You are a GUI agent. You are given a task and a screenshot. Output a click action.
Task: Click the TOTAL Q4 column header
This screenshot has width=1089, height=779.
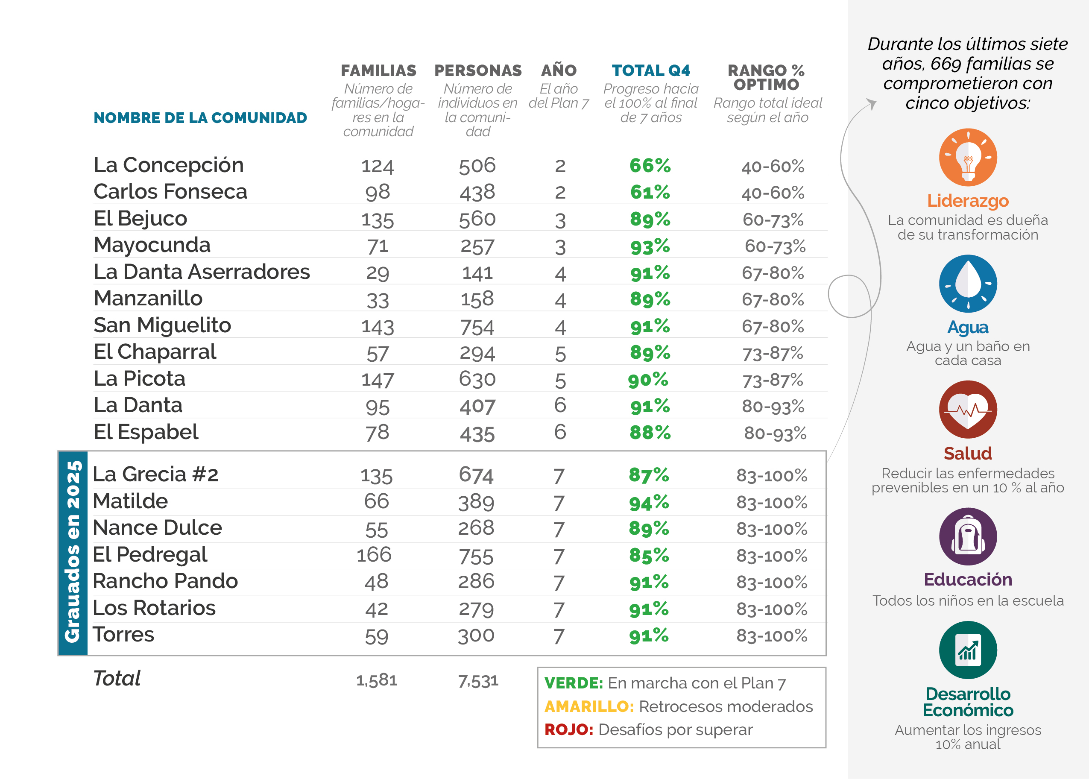coord(651,70)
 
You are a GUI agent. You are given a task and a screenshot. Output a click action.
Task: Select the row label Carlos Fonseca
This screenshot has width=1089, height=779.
coord(170,192)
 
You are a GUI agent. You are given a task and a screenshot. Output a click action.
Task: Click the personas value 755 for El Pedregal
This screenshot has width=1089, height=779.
coord(476,556)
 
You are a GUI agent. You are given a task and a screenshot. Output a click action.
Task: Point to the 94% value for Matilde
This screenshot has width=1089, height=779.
coord(649,503)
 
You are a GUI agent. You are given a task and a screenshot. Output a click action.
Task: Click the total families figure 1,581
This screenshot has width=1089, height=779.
coord(376,680)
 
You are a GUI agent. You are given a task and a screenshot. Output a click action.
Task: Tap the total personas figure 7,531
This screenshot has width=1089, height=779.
coord(478,681)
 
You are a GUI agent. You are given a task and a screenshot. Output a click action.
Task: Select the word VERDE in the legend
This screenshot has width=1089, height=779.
coord(574,683)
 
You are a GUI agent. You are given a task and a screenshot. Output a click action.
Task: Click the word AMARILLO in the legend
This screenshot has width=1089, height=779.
coord(589,706)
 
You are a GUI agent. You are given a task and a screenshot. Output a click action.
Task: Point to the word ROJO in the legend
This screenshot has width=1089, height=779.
coord(569,729)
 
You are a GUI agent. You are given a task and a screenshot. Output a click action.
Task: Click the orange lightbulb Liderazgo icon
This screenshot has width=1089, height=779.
coord(968,157)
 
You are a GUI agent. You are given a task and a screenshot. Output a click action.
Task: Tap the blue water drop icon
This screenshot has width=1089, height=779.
coord(968,284)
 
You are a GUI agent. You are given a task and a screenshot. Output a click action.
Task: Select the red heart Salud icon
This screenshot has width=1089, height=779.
coord(968,410)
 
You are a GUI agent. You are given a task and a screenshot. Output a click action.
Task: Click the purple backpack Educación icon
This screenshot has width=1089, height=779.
coord(968,536)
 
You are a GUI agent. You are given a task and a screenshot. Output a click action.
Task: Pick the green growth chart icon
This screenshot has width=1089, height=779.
coord(968,650)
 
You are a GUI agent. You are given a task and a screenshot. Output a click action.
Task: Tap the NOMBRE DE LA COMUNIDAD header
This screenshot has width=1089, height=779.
coord(200,118)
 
